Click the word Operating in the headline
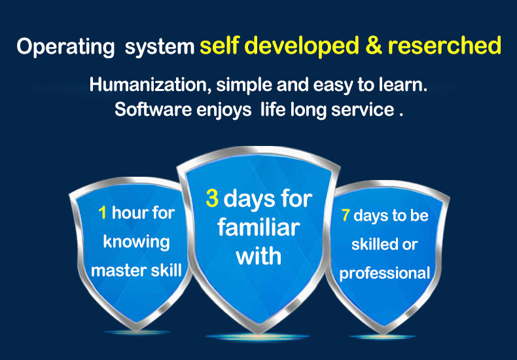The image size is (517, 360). point(65,47)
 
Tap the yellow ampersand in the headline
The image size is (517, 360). point(373,46)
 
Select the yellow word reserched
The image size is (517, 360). point(444,46)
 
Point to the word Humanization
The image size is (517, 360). point(151,85)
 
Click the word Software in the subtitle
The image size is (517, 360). point(153,110)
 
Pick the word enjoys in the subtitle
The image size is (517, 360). point(224,111)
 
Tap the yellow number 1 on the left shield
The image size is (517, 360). point(103,213)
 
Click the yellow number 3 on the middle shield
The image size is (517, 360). point(212,198)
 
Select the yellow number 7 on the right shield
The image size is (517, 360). point(346,215)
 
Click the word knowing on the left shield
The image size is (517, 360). point(136,243)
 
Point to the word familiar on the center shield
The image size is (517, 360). point(258,227)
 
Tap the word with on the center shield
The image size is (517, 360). point(259,255)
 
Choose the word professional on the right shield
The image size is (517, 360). point(385,274)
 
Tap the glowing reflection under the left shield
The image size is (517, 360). point(136,333)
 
